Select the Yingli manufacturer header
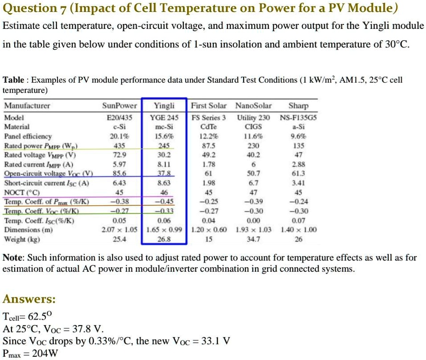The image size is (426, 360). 164,106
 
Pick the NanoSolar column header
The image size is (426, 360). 253,106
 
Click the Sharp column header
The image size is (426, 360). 298,106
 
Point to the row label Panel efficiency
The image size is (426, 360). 28,136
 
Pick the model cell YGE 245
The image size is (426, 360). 164,117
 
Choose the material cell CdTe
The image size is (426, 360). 208,126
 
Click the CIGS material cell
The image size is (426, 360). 253,126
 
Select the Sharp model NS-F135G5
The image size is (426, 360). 298,117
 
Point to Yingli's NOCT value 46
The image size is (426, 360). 164,192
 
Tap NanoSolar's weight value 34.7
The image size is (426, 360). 253,239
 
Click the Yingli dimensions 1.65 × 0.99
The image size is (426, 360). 164,230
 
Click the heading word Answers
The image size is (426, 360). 29,299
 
